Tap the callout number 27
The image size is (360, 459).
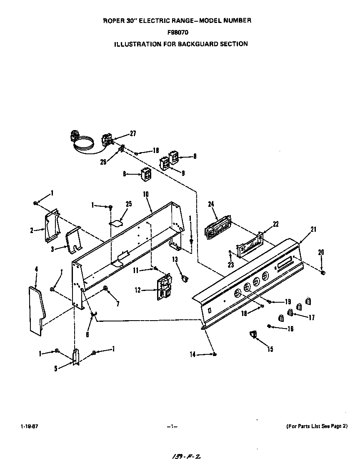(x=133, y=133)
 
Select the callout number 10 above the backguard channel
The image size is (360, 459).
(x=146, y=195)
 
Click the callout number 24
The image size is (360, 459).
(x=211, y=204)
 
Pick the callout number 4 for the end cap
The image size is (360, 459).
(x=36, y=270)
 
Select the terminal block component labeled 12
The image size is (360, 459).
(x=164, y=287)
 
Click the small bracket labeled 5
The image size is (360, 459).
(x=75, y=357)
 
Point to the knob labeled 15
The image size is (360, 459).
(x=252, y=334)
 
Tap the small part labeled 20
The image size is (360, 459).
(x=323, y=272)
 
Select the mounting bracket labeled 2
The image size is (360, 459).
(x=50, y=226)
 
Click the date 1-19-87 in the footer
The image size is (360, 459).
(x=26, y=426)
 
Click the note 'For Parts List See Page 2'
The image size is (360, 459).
(x=317, y=426)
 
